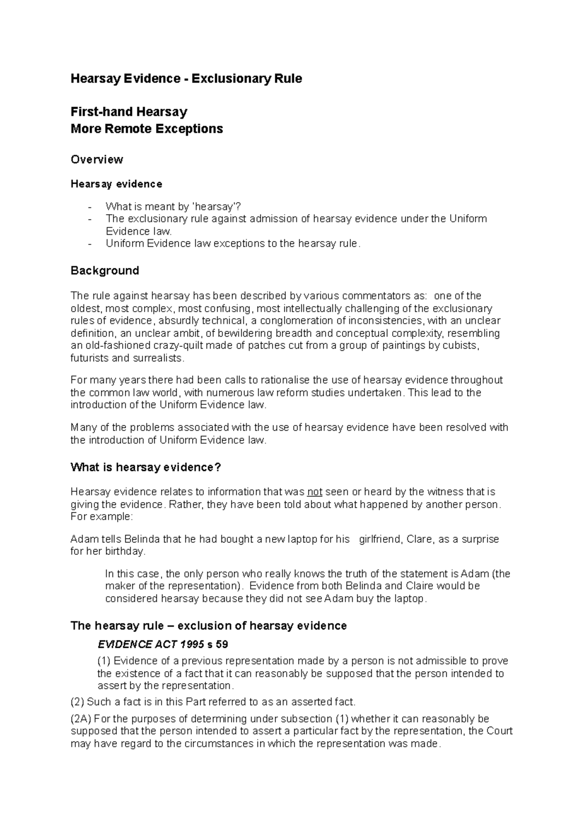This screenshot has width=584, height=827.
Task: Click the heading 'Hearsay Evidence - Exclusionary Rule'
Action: coord(186,78)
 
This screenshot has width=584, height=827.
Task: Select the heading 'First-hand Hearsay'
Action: coord(129,112)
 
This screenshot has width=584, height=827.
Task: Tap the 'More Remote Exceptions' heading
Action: coord(146,129)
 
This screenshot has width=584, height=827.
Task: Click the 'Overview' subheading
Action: coord(97,159)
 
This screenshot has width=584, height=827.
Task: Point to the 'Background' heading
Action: coord(105,270)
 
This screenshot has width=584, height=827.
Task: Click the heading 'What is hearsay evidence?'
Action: coord(146,467)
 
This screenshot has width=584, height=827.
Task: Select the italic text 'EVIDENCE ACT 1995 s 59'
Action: coord(163,644)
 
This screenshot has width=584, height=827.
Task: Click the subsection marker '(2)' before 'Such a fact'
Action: coord(77,702)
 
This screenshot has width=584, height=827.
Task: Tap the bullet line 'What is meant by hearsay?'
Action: coord(173,206)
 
